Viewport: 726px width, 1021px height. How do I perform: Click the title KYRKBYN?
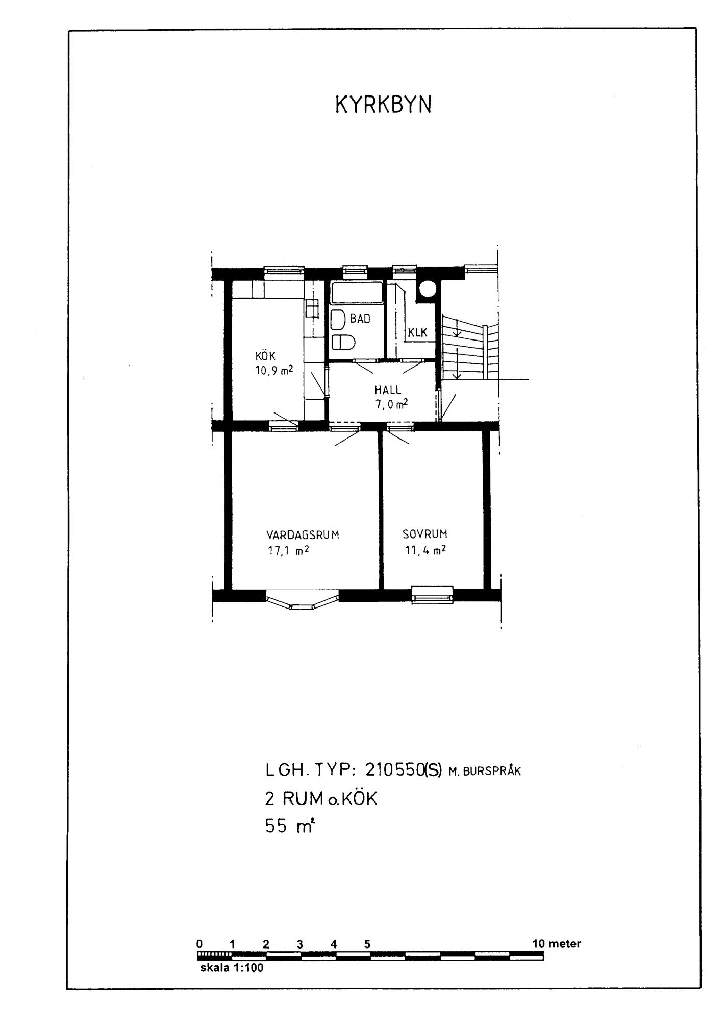tap(383, 105)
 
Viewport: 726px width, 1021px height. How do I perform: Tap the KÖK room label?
tap(265, 356)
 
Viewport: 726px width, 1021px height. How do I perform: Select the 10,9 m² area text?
tap(274, 370)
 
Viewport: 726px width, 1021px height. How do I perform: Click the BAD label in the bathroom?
tap(360, 319)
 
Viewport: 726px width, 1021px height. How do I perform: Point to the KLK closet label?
tap(417, 333)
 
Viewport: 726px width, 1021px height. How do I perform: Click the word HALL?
tap(388, 390)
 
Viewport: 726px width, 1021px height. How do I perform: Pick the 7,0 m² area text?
tap(391, 404)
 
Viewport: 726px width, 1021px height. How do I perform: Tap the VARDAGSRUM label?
tap(303, 535)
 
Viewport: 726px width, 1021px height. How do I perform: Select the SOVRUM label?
tap(425, 534)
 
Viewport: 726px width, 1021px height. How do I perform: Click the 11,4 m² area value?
tap(425, 550)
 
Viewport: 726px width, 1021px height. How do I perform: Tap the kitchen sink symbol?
tap(311, 309)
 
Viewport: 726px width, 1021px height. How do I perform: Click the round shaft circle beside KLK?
tap(428, 289)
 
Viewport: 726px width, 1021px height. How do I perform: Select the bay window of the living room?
tap(302, 600)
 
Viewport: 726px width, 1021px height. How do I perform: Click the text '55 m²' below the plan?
tap(288, 825)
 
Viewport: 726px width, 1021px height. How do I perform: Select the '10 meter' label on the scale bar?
tap(557, 944)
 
